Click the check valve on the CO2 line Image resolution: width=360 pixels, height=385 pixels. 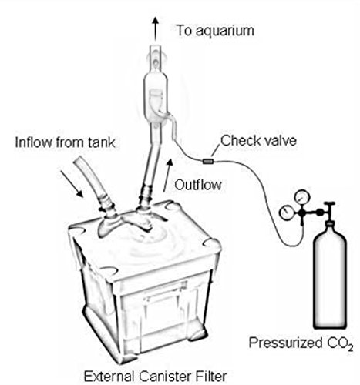click(207, 162)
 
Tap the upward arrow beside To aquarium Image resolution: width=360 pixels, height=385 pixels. click(155, 28)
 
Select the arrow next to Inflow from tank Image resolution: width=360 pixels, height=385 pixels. click(72, 184)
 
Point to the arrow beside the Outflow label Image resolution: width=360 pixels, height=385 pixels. click(167, 176)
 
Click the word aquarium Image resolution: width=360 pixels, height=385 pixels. click(225, 32)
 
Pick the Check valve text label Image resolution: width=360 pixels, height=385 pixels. click(258, 141)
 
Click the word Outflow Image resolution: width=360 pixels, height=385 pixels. click(198, 185)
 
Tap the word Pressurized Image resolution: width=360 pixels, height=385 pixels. click(285, 343)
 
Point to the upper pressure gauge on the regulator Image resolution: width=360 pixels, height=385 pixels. click(302, 197)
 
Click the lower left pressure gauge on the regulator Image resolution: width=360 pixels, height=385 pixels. click(286, 213)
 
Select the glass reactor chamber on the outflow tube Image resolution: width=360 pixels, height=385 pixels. click(156, 99)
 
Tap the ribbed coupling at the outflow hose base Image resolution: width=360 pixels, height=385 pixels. click(146, 195)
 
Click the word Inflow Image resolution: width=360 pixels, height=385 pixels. click(34, 142)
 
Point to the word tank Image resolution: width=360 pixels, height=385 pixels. click(102, 142)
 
